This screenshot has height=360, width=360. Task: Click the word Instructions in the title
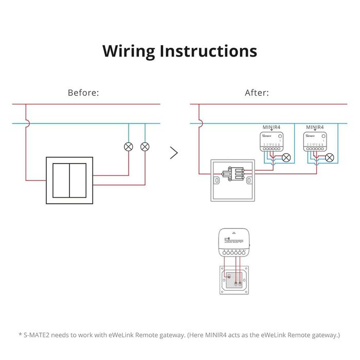coord(208,51)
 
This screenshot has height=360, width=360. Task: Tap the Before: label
coord(83,93)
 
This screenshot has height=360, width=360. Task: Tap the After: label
coord(257,93)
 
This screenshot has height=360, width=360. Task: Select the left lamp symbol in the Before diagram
coord(128,147)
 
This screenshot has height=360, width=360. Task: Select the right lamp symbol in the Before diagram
coord(145,147)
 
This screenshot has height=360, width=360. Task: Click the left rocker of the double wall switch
coord(62,180)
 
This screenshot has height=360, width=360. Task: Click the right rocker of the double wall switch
coord(78,180)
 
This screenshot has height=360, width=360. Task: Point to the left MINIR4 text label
coord(271,127)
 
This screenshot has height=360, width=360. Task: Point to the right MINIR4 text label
coord(315,127)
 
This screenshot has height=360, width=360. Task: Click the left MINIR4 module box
coord(271,142)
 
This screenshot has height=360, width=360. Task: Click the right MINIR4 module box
coord(315,142)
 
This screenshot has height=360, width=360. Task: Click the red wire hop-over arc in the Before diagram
coord(27,123)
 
